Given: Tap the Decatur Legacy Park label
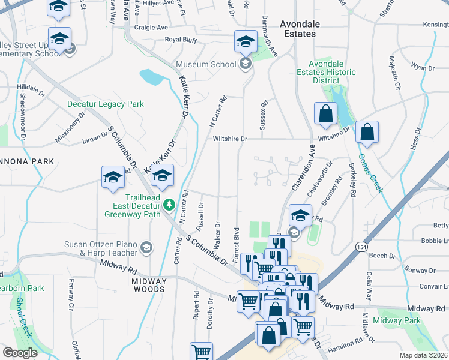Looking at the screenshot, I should point(105,104).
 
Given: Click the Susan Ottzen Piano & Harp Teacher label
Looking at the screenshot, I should point(101,248).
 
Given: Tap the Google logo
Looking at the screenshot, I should point(20,352).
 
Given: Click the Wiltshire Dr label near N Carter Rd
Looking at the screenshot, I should point(230,139).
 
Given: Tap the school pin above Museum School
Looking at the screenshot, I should point(245,41).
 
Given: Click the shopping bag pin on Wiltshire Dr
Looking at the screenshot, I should point(366,133).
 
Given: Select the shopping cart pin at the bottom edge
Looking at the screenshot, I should point(201,352).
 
